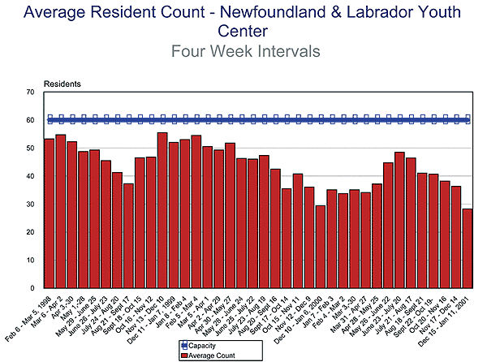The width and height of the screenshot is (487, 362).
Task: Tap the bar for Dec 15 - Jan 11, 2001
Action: click(467, 248)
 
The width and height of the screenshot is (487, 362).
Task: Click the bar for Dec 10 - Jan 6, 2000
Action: click(321, 247)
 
